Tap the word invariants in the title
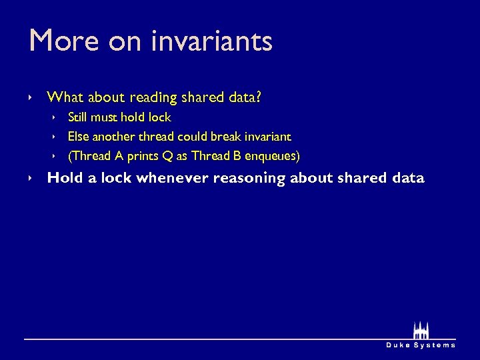(211, 41)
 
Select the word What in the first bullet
(65, 98)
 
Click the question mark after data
(259, 98)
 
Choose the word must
(107, 117)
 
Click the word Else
(79, 137)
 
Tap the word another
(115, 137)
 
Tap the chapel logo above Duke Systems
(421, 331)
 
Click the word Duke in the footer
(399, 345)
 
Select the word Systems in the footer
(436, 345)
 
